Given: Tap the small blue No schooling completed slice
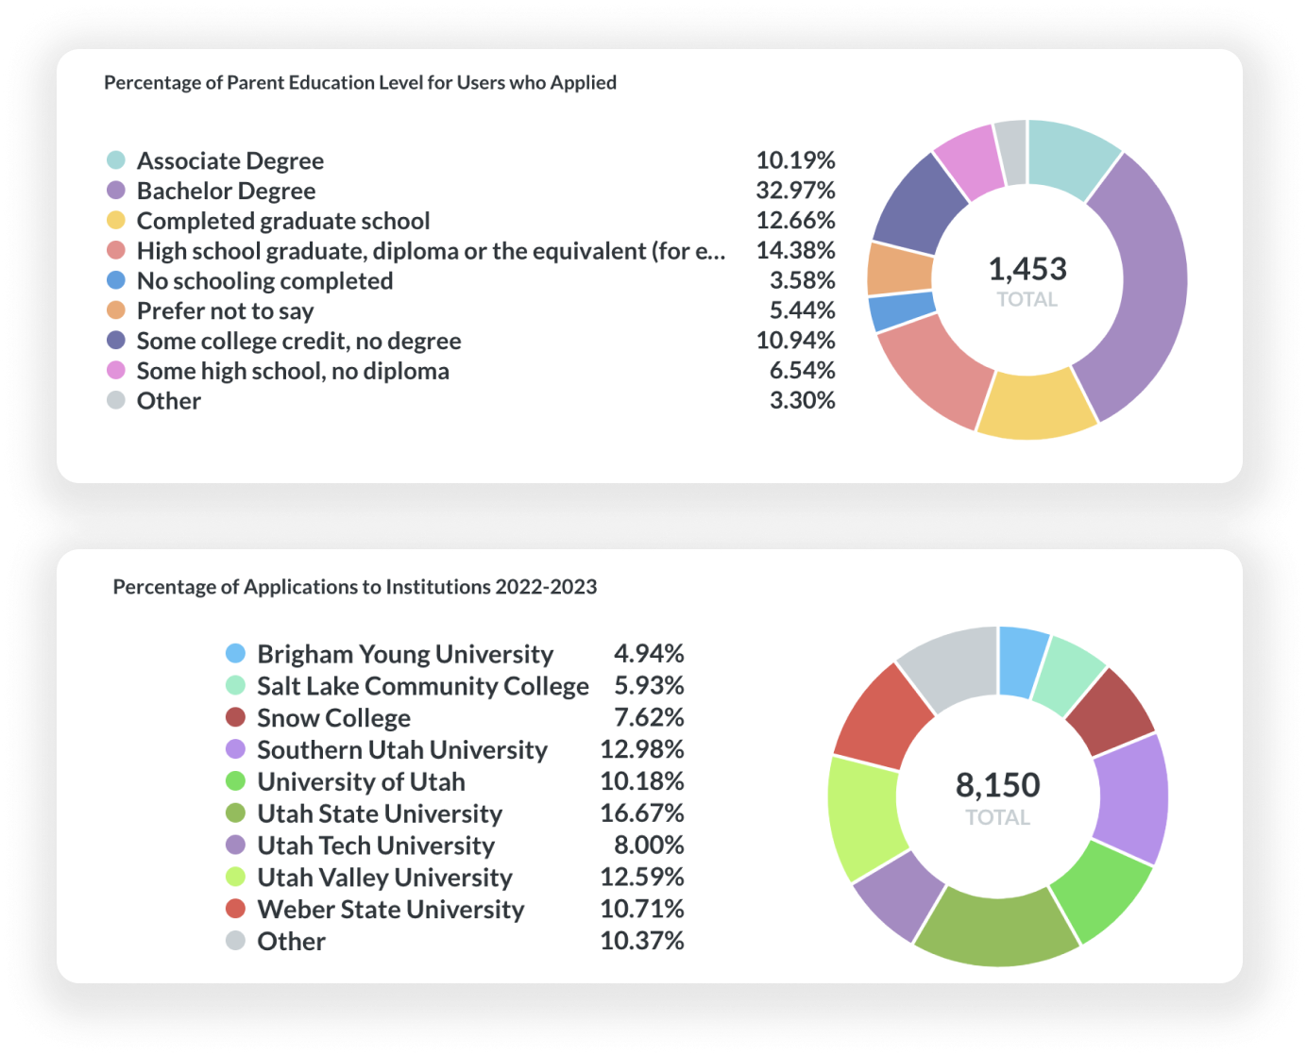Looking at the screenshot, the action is tap(902, 310).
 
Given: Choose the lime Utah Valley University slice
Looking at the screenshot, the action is tap(864, 818).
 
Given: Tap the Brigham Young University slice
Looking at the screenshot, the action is tap(1022, 661).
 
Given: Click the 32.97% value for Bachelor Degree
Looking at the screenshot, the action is tap(795, 191).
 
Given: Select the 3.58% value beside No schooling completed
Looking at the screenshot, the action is tap(802, 281).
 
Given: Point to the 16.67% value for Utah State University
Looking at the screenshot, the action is tap(642, 813).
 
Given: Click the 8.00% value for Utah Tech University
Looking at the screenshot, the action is tap(649, 846).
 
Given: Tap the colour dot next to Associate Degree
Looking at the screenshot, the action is tap(116, 160).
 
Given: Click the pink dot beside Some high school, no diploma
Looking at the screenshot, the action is tap(116, 371).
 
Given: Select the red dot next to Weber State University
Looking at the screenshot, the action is tap(236, 909).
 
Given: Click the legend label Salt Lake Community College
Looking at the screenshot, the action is tap(423, 687).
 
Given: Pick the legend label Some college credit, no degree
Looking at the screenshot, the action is tap(298, 342).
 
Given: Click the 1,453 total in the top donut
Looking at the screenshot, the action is tap(1027, 269).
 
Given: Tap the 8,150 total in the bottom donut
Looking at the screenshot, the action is tap(998, 785).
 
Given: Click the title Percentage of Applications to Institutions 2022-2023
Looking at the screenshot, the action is tap(355, 587).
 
